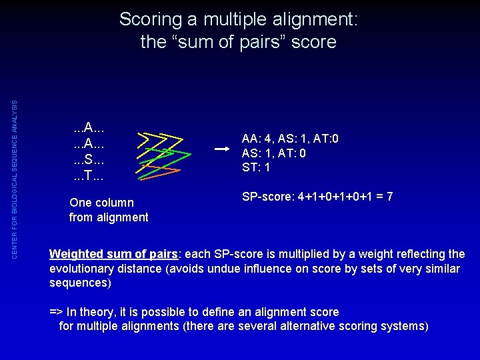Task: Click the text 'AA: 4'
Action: click(255, 139)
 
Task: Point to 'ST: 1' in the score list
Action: click(256, 167)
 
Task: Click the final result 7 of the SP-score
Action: click(389, 197)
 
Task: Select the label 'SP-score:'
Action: click(265, 197)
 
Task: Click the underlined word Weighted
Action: click(77, 254)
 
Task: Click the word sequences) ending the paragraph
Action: click(81, 283)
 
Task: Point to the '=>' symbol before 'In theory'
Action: click(57, 312)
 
